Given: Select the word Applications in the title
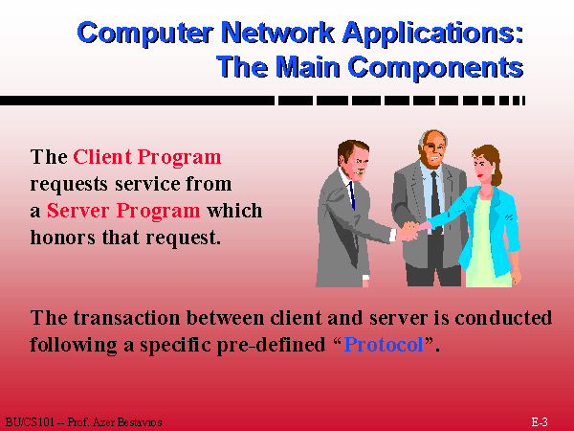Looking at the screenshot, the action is point(433,34).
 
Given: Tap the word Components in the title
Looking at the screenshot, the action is point(435,68).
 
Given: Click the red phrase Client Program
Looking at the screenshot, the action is point(147,158).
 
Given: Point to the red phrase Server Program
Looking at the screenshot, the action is point(123,211).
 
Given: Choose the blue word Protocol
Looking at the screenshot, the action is point(384,345).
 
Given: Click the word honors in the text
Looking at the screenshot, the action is point(62,238).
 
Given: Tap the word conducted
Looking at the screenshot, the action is point(503,317).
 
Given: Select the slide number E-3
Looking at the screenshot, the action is point(540,421).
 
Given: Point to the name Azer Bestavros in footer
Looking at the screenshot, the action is point(127,422).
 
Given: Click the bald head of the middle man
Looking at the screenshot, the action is point(433,136).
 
